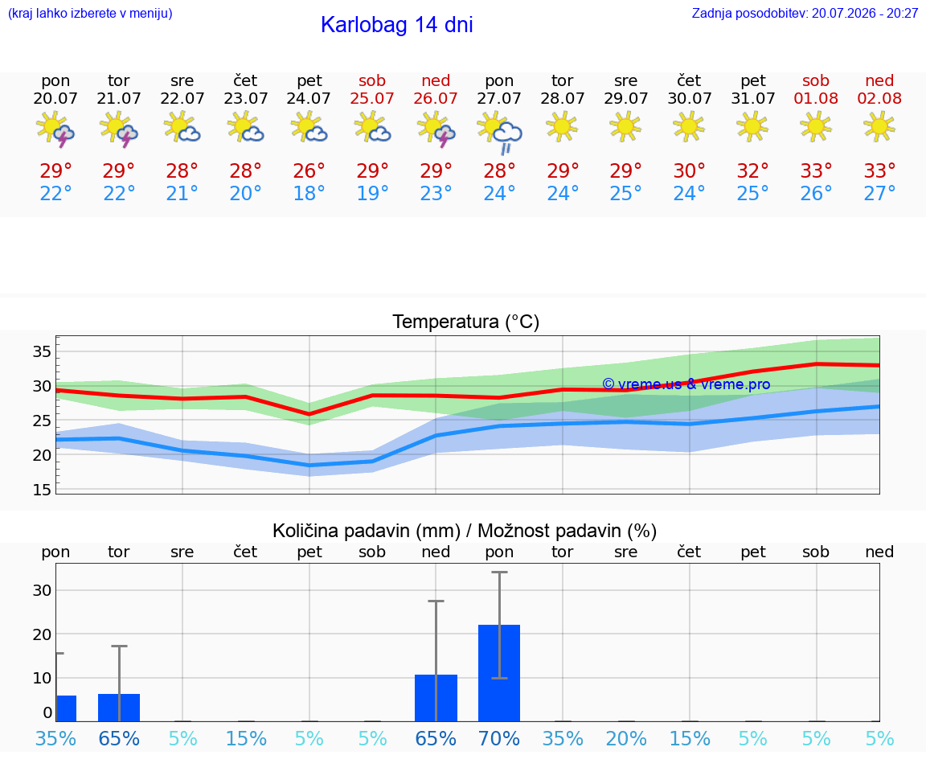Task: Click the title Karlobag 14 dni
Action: point(396,25)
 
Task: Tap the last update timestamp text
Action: point(805,14)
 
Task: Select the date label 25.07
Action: point(372,99)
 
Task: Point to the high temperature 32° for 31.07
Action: point(752,170)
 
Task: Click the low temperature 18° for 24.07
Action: point(309,193)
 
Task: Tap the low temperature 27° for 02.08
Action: point(879,193)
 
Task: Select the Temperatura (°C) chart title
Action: point(466,322)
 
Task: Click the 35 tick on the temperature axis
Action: point(42,351)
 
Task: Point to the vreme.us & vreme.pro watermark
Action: point(686,384)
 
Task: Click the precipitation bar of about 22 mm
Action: point(499,673)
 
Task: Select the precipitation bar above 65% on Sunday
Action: point(436,698)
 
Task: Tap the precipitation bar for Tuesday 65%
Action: point(119,708)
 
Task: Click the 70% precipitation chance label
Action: point(499,738)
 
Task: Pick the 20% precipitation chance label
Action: point(626,738)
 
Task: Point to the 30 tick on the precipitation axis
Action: point(42,590)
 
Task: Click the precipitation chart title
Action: point(465,531)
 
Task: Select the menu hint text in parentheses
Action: point(90,14)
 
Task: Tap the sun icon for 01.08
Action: point(816,126)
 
